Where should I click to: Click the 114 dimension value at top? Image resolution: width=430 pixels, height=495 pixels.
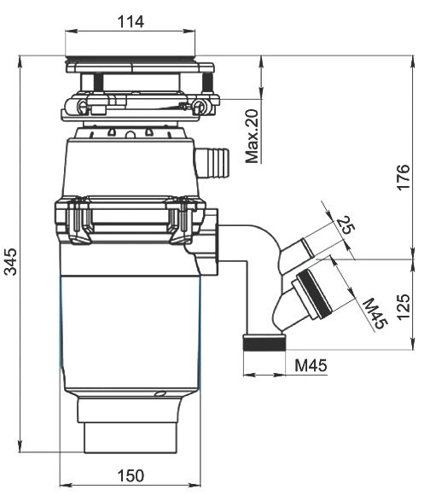pyautogui.click(x=131, y=20)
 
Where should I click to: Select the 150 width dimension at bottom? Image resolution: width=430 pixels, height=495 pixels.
pyautogui.click(x=130, y=475)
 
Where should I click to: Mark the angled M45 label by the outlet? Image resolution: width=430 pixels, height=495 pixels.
pyautogui.click(x=373, y=312)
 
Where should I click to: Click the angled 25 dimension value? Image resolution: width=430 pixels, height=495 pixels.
pyautogui.click(x=345, y=225)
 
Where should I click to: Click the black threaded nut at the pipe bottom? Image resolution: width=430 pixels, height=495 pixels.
pyautogui.click(x=264, y=344)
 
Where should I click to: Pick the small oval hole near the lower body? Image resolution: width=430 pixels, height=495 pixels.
pyautogui.click(x=160, y=393)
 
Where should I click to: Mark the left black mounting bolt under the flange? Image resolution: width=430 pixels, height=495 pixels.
pyautogui.click(x=98, y=82)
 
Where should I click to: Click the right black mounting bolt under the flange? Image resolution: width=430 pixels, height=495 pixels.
pyautogui.click(x=207, y=82)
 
